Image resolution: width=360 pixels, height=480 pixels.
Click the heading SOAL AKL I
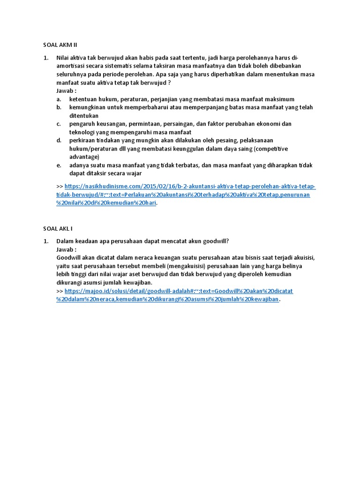pyautogui.click(x=58, y=228)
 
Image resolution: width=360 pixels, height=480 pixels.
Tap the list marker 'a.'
pyautogui.click(x=59, y=99)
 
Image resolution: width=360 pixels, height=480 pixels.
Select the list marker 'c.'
pyautogui.click(x=59, y=124)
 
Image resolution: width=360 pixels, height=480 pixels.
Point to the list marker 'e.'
pyautogui.click(x=59, y=165)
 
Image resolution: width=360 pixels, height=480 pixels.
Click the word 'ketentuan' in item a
pyautogui.click(x=83, y=99)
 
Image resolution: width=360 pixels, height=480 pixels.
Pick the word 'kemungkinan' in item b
pyautogui.click(x=88, y=107)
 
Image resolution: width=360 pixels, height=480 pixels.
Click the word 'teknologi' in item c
pyautogui.click(x=82, y=132)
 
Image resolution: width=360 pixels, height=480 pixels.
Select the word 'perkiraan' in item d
pyautogui.click(x=82, y=140)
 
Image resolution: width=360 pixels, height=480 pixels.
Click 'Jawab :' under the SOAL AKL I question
pyautogui.click(x=66, y=249)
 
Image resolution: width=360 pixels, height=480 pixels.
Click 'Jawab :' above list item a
pyautogui.click(x=66, y=91)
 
